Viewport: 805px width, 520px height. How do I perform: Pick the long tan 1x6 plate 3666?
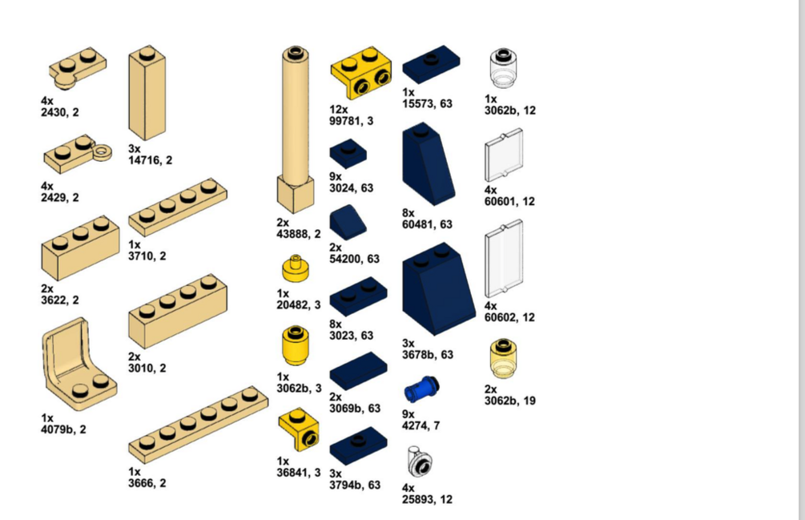tap(198, 425)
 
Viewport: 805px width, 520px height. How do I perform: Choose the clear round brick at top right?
tap(502, 69)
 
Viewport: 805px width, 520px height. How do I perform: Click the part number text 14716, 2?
tap(150, 160)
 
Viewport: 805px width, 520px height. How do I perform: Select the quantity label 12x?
tap(339, 109)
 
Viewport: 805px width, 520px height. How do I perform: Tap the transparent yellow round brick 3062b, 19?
tap(502, 358)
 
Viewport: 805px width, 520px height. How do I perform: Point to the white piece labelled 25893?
tap(420, 462)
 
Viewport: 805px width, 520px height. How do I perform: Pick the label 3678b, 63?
tap(427, 354)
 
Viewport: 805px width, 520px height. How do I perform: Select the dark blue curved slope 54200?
tap(347, 222)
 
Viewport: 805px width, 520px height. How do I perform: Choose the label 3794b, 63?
tap(355, 485)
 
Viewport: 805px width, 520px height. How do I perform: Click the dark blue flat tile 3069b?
tap(357, 371)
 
